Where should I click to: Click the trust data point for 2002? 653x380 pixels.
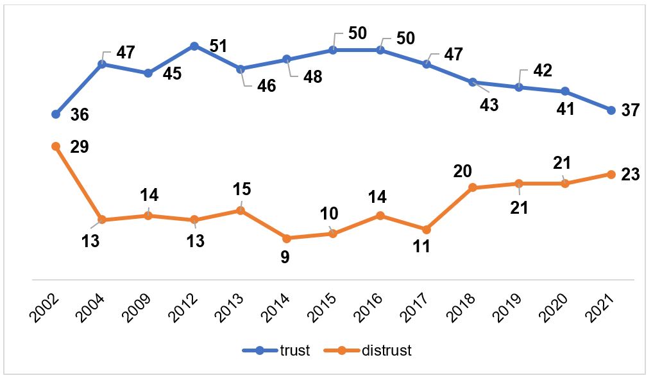tap(56, 114)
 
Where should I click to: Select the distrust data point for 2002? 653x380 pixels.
tap(56, 146)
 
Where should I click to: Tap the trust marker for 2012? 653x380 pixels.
tap(194, 46)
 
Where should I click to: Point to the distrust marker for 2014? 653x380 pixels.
tap(287, 238)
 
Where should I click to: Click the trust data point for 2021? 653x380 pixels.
tap(611, 110)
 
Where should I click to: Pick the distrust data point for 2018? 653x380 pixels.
tap(473, 187)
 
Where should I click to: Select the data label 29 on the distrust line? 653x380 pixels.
tap(80, 146)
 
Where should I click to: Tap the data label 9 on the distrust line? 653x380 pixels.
tap(285, 257)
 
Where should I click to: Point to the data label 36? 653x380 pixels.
tap(80, 116)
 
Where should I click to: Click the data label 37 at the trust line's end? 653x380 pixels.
tap(631, 110)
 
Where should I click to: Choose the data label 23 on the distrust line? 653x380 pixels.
tap(631, 174)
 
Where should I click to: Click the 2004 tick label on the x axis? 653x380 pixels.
tap(94, 310)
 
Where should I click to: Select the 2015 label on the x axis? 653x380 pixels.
tap(326, 310)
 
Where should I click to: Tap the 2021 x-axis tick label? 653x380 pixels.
tap(604, 310)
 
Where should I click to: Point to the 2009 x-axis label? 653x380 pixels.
tap(140, 310)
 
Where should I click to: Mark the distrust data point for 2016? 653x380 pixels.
tap(380, 216)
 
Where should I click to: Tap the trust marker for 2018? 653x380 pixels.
tap(473, 82)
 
